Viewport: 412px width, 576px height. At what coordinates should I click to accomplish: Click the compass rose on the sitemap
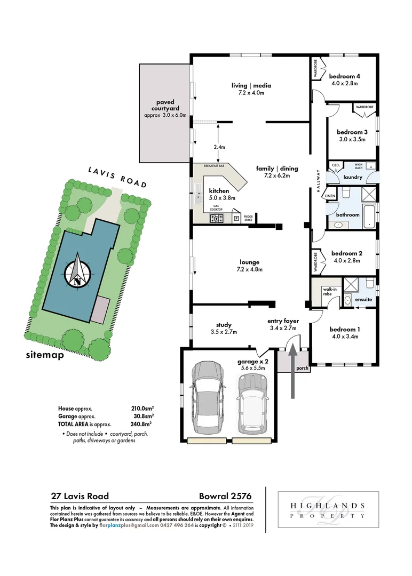click(78, 273)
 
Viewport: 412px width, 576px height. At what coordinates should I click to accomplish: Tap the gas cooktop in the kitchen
click(217, 217)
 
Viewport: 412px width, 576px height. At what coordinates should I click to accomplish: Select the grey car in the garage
click(206, 397)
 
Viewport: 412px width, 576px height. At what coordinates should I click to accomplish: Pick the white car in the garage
click(251, 403)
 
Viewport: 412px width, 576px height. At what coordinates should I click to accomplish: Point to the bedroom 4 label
click(344, 76)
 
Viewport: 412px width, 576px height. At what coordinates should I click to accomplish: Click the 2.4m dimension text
click(219, 147)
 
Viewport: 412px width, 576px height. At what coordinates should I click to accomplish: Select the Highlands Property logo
click(328, 509)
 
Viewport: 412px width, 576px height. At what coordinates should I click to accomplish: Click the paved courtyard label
click(165, 105)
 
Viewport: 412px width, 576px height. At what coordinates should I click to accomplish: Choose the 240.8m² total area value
click(142, 423)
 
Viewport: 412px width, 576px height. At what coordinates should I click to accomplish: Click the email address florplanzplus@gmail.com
click(129, 525)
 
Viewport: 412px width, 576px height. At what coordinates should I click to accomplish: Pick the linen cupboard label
click(330, 196)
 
